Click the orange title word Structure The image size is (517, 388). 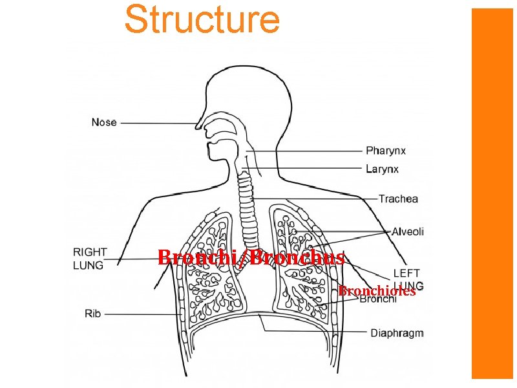(x=202, y=19)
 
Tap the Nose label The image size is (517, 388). (x=104, y=122)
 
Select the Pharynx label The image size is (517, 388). (x=386, y=151)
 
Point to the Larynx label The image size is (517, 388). (x=382, y=169)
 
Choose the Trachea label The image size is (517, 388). (x=398, y=199)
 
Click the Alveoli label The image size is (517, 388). (x=408, y=232)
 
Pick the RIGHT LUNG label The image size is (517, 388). (x=90, y=258)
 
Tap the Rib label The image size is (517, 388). (x=93, y=314)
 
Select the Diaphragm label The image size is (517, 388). (x=397, y=333)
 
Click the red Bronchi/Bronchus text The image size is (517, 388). (x=251, y=257)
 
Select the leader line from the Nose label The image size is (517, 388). (x=162, y=122)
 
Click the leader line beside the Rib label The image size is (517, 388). (x=142, y=314)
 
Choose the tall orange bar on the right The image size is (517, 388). (x=492, y=194)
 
